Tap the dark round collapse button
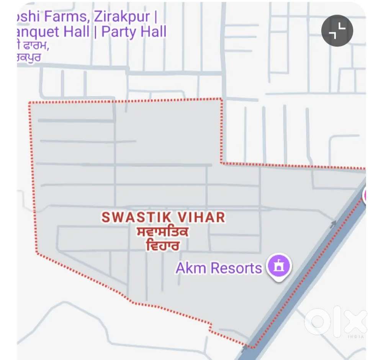337,31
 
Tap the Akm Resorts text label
219,268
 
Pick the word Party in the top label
119,32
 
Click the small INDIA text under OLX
356,337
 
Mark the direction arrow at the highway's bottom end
244,347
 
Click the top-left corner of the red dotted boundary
30,103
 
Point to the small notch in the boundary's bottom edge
210,326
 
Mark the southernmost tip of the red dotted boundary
253,347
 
